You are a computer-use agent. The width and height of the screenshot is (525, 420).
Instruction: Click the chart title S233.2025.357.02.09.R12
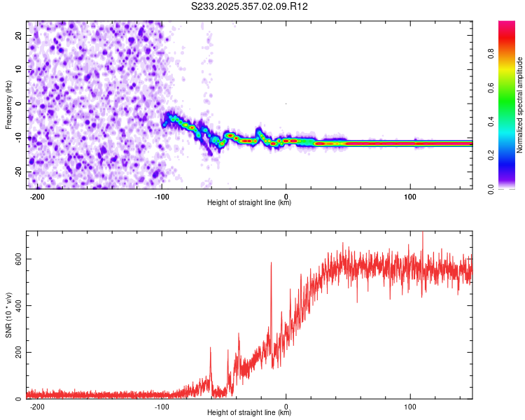coord(250,6)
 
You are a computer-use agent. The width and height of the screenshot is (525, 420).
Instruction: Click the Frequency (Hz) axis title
coord(8,104)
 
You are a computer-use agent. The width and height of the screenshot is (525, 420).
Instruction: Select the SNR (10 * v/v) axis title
coord(8,315)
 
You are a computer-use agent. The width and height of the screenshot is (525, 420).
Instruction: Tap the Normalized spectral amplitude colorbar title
coord(520,105)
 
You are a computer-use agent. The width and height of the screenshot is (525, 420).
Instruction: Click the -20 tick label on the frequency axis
coord(17,171)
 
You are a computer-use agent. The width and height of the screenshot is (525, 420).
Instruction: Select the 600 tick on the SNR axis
coord(17,259)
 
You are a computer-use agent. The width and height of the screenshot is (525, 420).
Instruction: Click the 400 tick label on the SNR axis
coord(17,305)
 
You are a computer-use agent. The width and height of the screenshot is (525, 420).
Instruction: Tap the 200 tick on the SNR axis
coord(17,352)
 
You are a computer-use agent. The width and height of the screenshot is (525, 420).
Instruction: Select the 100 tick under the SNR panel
coord(410,407)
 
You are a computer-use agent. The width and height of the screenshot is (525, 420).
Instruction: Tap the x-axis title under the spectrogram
coord(250,203)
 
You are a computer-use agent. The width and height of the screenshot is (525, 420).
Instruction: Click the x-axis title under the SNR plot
coord(250,413)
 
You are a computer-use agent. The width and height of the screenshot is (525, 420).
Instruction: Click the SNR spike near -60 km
coord(210,348)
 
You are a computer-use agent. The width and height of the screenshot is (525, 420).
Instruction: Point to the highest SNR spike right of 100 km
coord(422,234)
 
